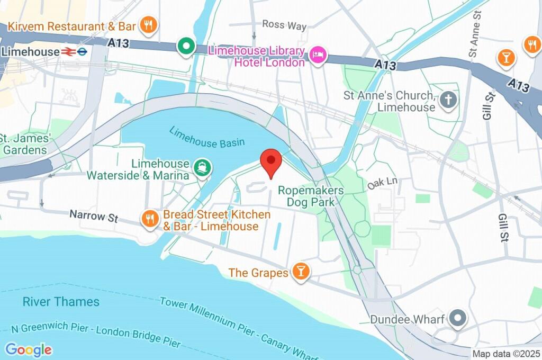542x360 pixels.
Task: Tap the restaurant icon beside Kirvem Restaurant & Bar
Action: tap(149, 25)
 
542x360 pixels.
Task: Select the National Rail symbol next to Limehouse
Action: tap(68, 52)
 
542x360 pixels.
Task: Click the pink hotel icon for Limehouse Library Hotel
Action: tap(318, 56)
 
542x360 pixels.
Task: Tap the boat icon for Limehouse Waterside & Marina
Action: tap(203, 168)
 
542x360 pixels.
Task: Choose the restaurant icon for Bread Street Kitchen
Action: tap(150, 219)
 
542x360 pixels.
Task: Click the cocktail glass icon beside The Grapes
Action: tap(301, 272)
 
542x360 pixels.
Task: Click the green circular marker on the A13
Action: tap(186, 47)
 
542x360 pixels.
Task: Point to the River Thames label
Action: tap(61, 302)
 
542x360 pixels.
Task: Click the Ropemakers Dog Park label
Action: tap(311, 196)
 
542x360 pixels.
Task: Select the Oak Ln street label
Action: tap(382, 183)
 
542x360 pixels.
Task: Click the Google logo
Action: tap(29, 349)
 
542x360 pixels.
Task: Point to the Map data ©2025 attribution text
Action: tap(506, 354)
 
